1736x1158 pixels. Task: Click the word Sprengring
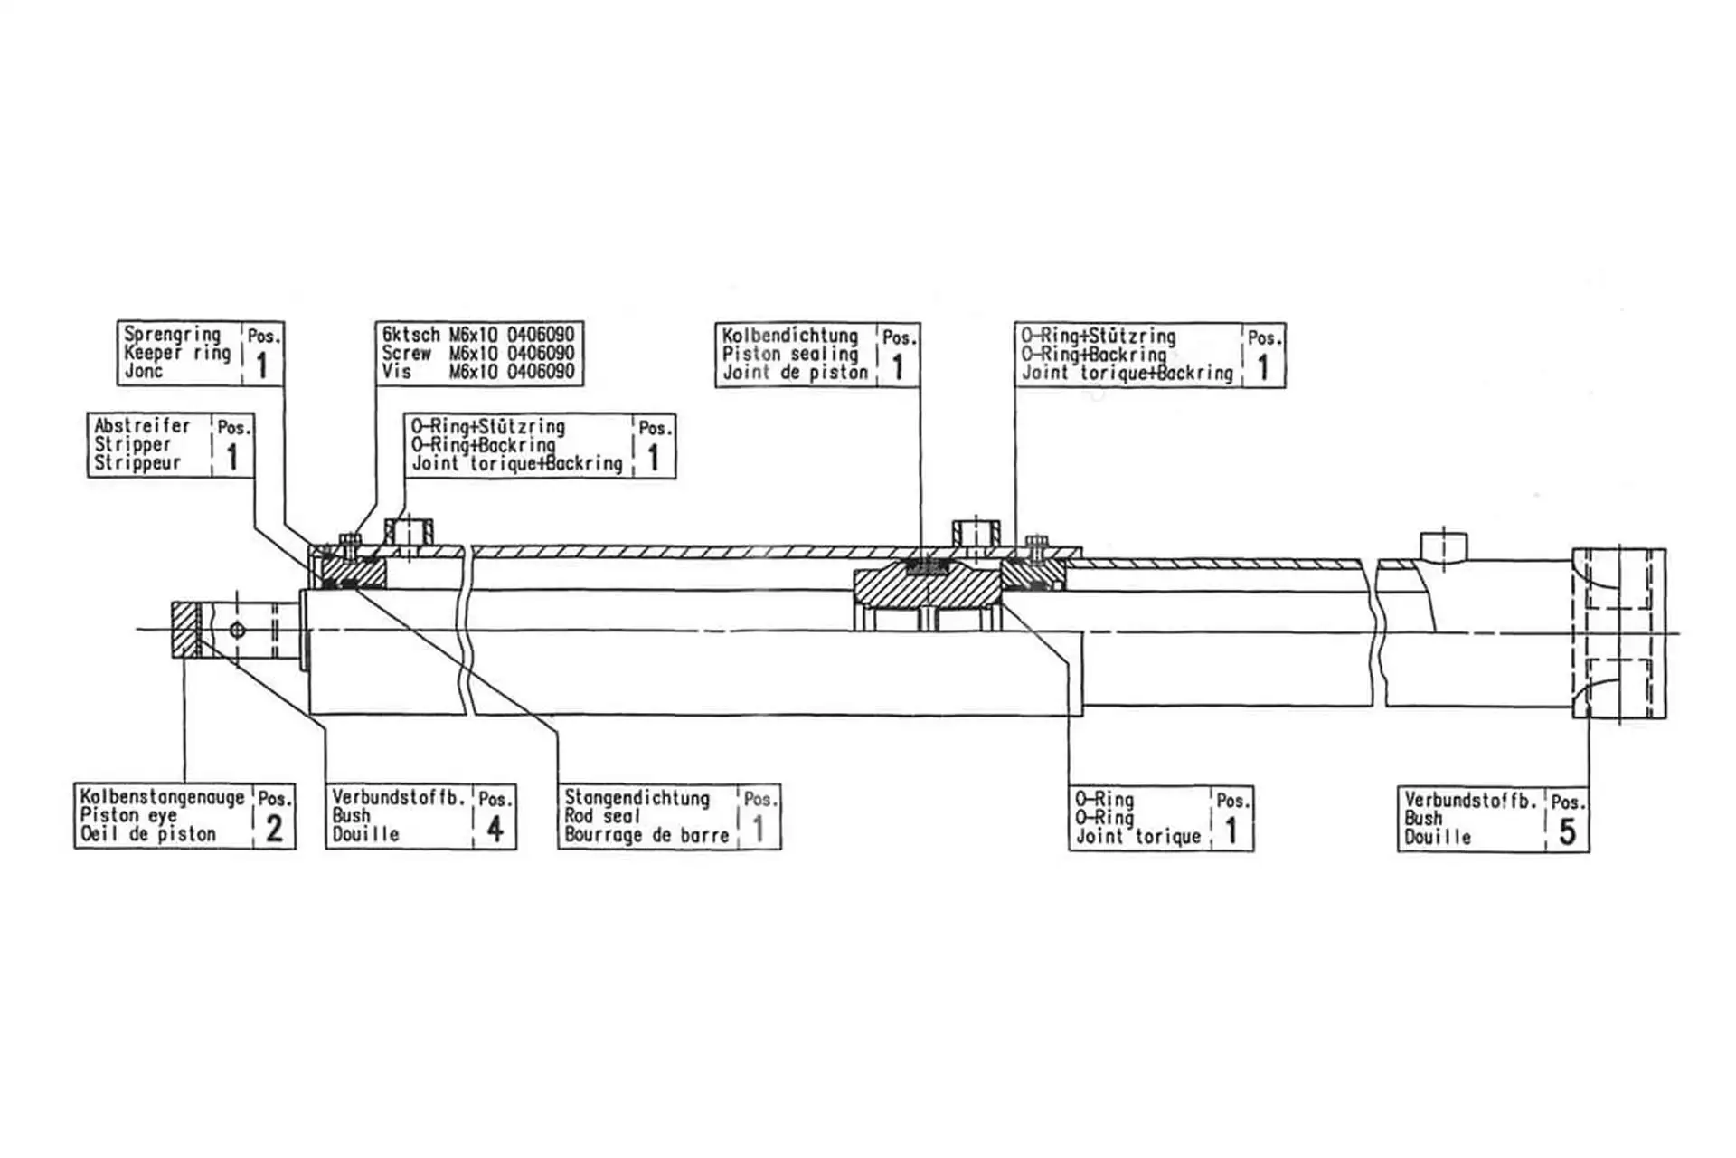(172, 334)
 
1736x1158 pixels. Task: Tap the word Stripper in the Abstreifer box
(132, 444)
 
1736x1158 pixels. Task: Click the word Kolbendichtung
(789, 336)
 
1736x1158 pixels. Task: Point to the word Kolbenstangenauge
(162, 797)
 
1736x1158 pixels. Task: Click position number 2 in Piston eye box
(274, 828)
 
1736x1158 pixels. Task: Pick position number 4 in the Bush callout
(495, 828)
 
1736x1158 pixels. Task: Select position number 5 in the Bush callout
(1567, 831)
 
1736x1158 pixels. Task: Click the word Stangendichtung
(637, 798)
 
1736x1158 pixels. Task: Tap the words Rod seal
(601, 816)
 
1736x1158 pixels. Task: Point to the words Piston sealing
(789, 354)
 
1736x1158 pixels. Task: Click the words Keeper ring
(177, 353)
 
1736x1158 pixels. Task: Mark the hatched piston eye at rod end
(184, 630)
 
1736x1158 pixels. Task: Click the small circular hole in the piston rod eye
(237, 630)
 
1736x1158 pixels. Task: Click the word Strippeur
(137, 463)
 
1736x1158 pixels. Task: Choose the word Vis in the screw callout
(396, 372)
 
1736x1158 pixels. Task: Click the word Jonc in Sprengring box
(143, 371)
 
